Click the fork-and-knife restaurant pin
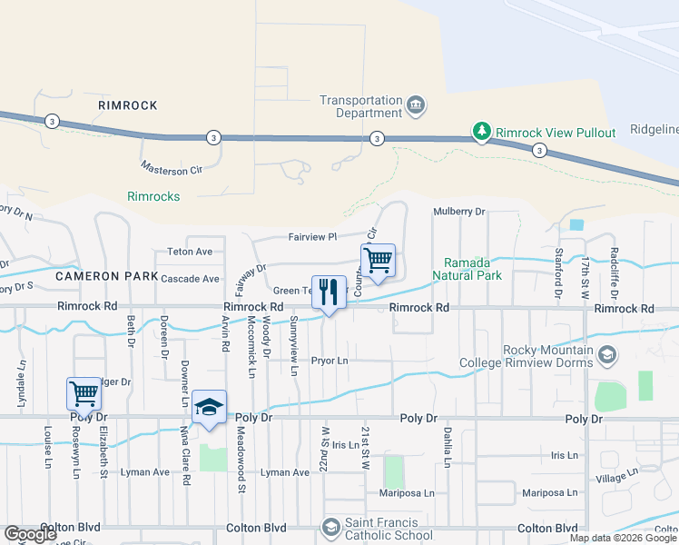tap(328, 292)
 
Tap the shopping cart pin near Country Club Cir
tap(378, 262)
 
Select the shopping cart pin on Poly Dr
tap(84, 394)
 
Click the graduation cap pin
tap(210, 407)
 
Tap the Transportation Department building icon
tap(416, 106)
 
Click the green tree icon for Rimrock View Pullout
tap(481, 132)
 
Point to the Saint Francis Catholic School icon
tap(330, 528)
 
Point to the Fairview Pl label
tap(312, 237)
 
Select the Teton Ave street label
tap(190, 252)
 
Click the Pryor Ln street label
tap(330, 361)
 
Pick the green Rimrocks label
tap(153, 196)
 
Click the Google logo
tap(31, 534)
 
